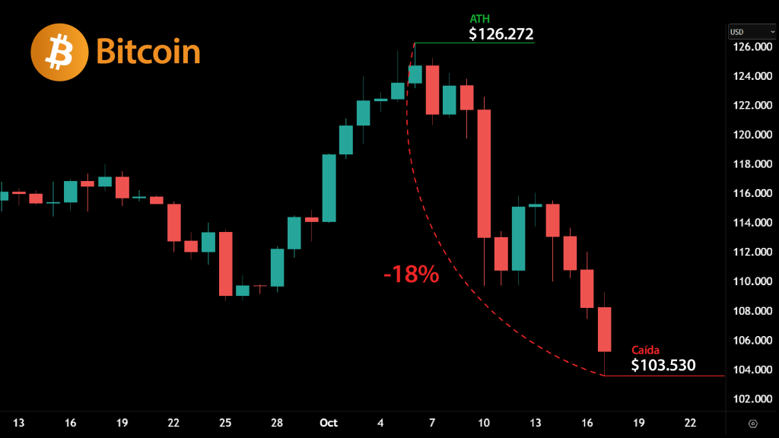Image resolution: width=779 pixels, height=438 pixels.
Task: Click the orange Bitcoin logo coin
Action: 59,52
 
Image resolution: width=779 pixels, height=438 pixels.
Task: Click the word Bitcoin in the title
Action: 148,52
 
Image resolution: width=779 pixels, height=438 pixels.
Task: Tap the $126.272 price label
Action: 501,34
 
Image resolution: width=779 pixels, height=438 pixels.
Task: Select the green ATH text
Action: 480,18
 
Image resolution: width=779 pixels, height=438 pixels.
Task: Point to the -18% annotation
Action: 411,275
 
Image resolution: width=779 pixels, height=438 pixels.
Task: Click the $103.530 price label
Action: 663,365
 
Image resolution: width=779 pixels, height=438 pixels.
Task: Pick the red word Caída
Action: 646,350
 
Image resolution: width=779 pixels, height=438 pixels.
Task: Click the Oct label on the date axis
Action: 329,423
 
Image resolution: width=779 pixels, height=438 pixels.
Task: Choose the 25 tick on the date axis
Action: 225,423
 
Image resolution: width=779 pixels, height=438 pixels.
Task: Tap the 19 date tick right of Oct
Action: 639,423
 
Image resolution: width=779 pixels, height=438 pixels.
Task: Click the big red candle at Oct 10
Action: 484,173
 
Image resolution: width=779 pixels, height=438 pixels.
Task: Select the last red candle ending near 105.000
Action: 605,329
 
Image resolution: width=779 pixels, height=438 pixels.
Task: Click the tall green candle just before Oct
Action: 329,188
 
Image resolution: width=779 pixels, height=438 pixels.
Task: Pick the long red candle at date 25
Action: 225,264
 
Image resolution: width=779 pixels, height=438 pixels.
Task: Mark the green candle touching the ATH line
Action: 415,74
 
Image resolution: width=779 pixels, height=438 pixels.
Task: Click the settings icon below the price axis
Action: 752,423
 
